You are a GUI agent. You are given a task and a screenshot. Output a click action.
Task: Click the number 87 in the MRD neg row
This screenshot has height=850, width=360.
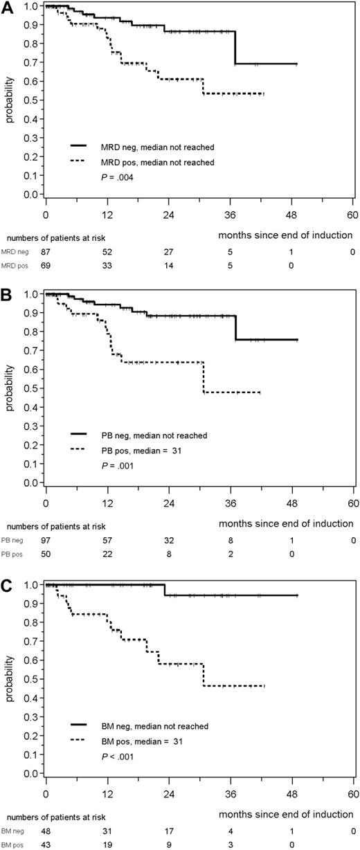pos(46,252)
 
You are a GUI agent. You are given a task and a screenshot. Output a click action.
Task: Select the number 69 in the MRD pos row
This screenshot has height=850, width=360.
pos(46,265)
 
